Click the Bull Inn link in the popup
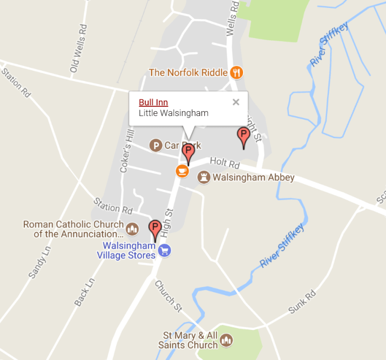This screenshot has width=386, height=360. [153, 102]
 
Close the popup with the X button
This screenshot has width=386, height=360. [236, 102]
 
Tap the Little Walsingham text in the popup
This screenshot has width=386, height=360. [173, 113]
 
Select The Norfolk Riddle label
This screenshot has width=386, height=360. [188, 73]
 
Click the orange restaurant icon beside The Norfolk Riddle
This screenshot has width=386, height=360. [237, 73]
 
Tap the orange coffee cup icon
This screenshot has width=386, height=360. [182, 170]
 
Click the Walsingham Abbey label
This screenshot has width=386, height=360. [253, 177]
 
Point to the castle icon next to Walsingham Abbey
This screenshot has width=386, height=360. [203, 177]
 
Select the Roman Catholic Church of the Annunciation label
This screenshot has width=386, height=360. [73, 229]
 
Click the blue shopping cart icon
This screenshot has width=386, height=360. [165, 250]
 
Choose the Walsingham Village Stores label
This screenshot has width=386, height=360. [129, 250]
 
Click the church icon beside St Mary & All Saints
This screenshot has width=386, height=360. [226, 340]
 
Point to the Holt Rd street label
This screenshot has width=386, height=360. [225, 161]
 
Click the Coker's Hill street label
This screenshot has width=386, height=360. [125, 151]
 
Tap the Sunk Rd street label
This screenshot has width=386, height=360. [302, 301]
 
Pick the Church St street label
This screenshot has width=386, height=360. [165, 294]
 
